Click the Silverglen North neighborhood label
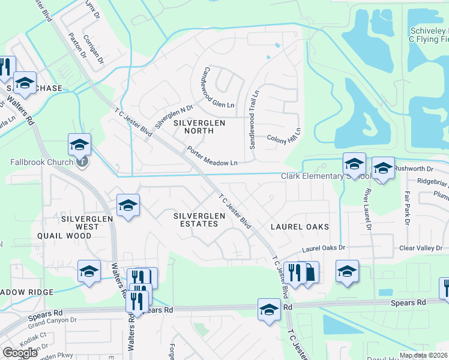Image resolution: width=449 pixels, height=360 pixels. click(199, 127)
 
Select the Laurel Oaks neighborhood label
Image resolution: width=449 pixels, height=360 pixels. click(300, 227)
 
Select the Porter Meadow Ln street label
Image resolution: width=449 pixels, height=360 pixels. click(212, 157)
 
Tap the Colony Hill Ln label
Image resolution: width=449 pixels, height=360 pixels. click(283, 134)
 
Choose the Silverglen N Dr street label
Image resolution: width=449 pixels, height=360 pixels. click(173, 114)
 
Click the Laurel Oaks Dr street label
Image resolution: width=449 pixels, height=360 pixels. click(324, 248)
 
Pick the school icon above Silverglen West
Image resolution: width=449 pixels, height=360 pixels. click(128, 205)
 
